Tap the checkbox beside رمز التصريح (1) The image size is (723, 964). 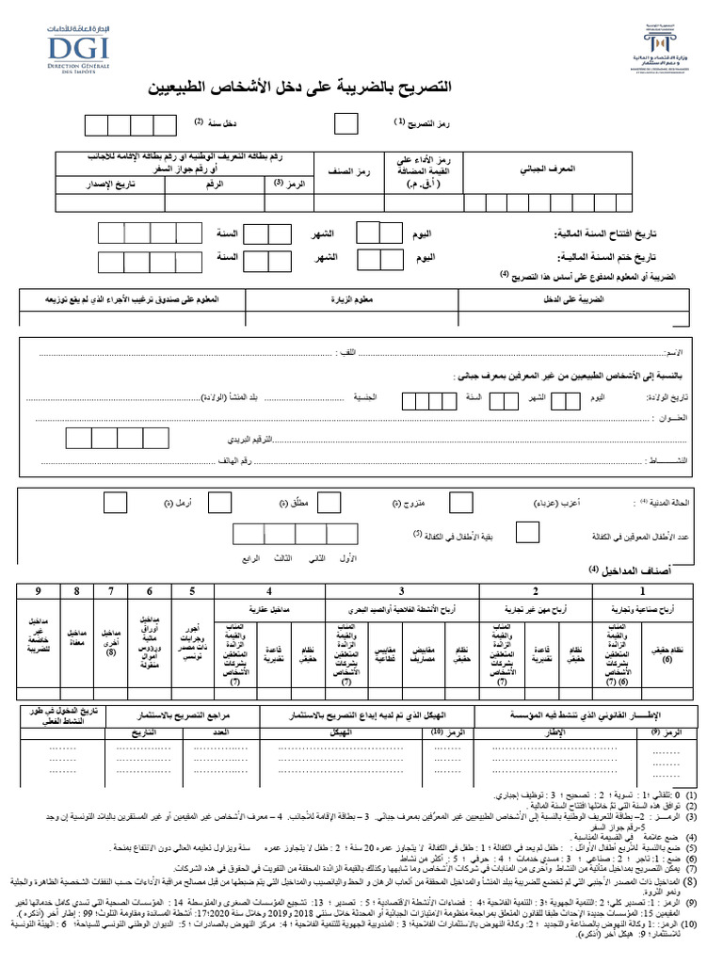pyautogui.click(x=346, y=124)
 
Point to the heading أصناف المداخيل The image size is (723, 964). pyautogui.click(x=636, y=570)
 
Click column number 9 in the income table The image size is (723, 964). pyautogui.click(x=39, y=591)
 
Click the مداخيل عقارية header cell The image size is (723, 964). pyautogui.click(x=270, y=611)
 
